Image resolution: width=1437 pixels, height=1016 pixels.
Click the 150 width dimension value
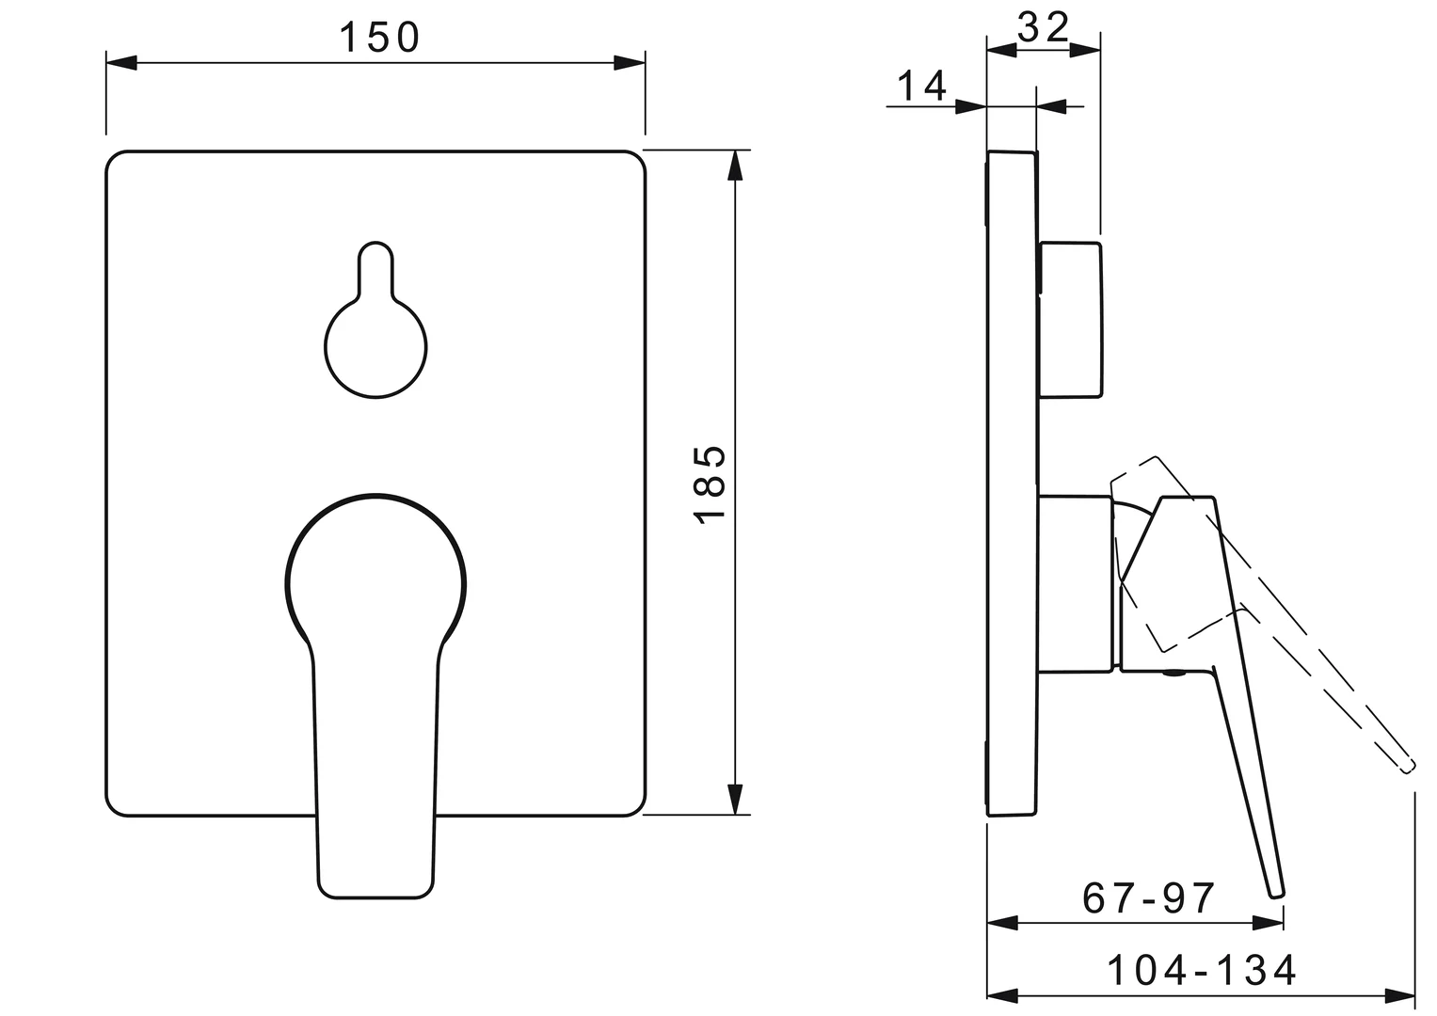click(x=378, y=38)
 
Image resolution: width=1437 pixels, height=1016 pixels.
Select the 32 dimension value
click(x=1044, y=28)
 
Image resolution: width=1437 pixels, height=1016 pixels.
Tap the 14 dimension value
click(x=920, y=87)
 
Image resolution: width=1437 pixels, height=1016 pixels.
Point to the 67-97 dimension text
click(x=1149, y=898)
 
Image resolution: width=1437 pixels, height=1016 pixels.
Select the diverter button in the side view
click(x=1070, y=320)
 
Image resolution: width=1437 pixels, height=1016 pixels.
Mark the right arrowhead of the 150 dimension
click(x=630, y=63)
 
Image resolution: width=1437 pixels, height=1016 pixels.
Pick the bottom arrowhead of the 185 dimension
click(x=734, y=799)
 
